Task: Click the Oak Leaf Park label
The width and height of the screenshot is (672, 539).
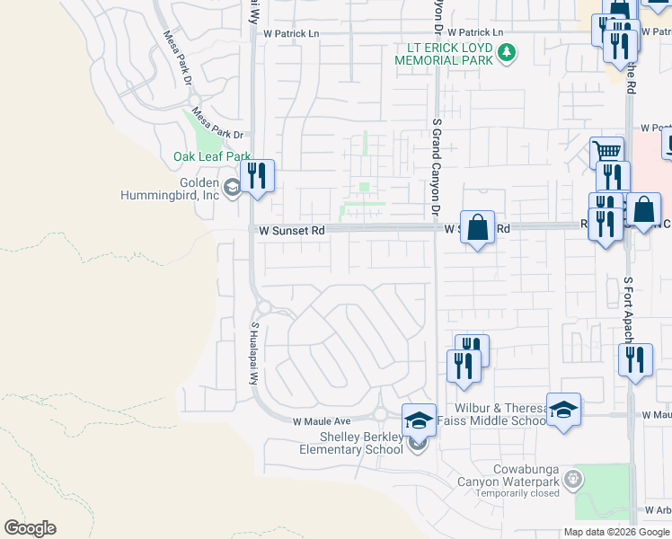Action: coord(211,156)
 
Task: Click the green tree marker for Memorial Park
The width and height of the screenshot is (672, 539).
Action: coord(508,54)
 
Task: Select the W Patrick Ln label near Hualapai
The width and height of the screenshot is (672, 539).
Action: coord(291,33)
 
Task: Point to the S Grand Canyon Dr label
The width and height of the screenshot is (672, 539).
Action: coord(437,166)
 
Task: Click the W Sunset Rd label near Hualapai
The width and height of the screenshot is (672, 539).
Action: coord(291,231)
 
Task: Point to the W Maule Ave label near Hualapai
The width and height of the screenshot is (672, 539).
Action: coord(321,420)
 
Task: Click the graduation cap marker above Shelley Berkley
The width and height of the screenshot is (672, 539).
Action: coord(419,419)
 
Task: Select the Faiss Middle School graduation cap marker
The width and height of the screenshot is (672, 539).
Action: coord(563,410)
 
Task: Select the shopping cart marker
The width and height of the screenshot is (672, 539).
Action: coord(607,152)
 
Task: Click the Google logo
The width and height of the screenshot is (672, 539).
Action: coord(30,528)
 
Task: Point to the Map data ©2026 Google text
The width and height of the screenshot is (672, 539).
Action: coord(615,532)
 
